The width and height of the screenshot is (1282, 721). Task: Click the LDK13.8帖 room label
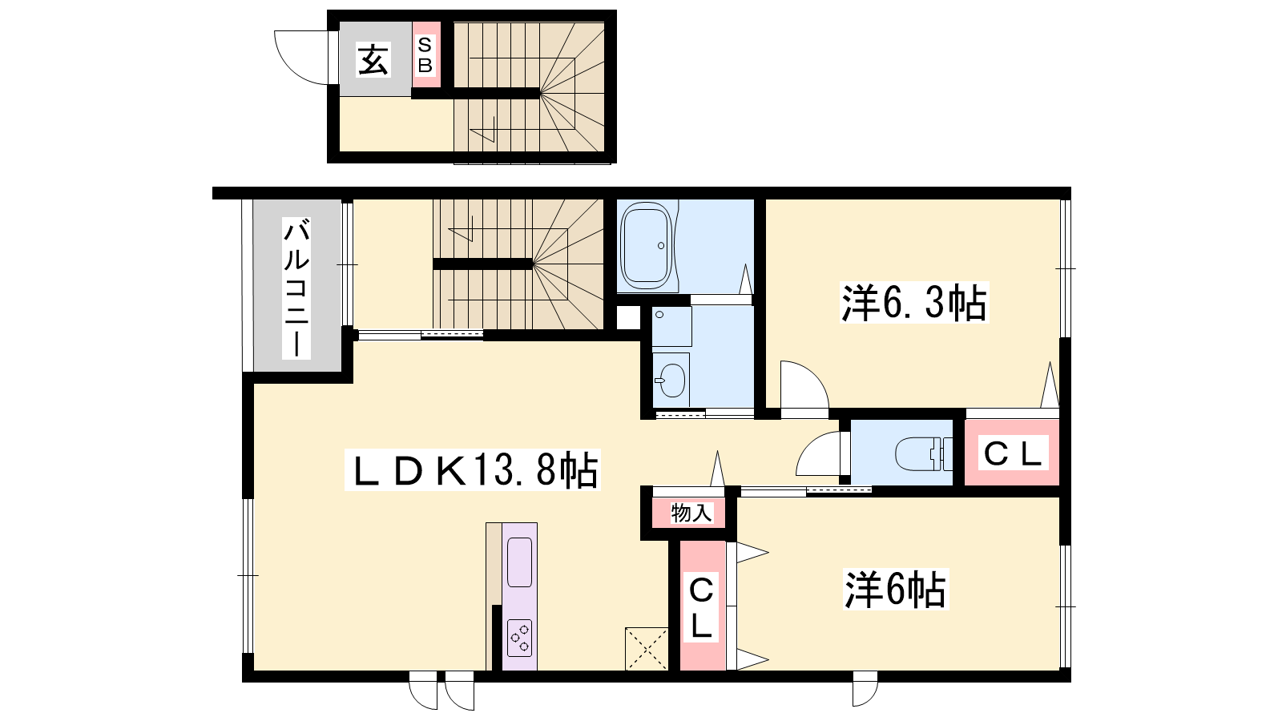pos(473,470)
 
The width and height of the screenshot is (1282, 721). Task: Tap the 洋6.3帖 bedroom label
pos(914,303)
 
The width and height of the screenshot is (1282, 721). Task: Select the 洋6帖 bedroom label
pos(896,589)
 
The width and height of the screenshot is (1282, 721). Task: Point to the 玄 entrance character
pos(373,59)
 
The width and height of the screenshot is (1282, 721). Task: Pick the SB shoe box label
pos(425,55)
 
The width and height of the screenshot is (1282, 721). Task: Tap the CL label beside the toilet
pos(1013,454)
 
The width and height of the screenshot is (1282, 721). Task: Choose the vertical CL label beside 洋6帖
pos(701,608)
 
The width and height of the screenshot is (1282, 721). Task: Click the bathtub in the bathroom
pos(647,246)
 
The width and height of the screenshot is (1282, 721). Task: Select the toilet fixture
pos(923,453)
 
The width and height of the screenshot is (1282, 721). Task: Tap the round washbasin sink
pos(672,381)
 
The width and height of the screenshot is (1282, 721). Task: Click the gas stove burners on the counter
pos(520,638)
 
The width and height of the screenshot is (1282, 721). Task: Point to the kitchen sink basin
pos(520,562)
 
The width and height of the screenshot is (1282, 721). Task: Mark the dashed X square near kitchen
pos(647,649)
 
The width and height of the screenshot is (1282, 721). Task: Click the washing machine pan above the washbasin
pos(672,327)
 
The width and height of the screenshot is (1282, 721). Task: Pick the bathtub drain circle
pos(661,246)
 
